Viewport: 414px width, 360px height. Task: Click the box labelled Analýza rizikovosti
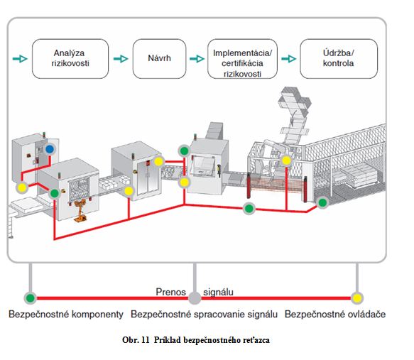click(x=70, y=59)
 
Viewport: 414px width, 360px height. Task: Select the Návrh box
click(x=159, y=59)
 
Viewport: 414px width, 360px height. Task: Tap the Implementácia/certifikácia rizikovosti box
click(x=242, y=59)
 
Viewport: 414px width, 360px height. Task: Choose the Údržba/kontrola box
click(x=339, y=59)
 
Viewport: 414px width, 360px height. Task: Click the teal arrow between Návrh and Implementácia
click(x=197, y=59)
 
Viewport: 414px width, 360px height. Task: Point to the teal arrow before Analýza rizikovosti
click(x=20, y=59)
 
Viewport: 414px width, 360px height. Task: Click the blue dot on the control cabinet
click(x=50, y=149)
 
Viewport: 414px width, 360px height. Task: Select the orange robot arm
click(x=80, y=211)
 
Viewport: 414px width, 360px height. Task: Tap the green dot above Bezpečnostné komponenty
click(x=31, y=298)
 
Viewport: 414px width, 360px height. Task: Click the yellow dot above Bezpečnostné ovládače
click(x=357, y=298)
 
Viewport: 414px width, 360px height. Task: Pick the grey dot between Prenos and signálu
click(x=195, y=298)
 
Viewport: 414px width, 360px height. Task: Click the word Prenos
click(x=171, y=292)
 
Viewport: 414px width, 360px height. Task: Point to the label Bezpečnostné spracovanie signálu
click(x=204, y=315)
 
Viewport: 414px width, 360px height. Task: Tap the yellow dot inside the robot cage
click(x=286, y=160)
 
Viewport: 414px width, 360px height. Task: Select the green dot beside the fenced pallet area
click(x=322, y=202)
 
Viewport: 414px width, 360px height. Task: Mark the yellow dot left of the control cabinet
click(x=22, y=187)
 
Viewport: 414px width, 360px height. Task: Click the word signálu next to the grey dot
click(x=218, y=292)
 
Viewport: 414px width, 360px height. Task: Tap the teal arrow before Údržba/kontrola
click(x=289, y=59)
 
